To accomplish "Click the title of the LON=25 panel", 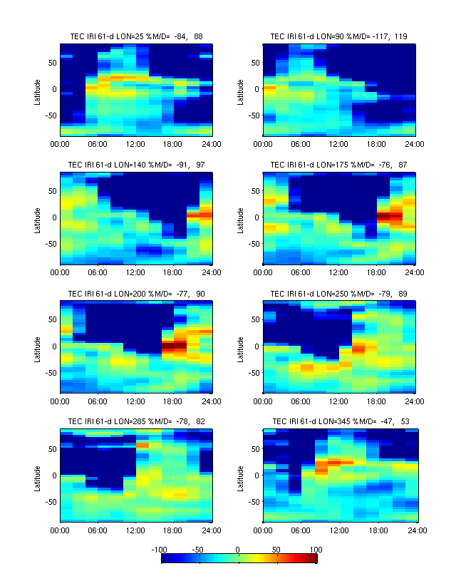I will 136,36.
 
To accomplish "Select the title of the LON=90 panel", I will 339,36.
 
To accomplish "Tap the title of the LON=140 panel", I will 136,164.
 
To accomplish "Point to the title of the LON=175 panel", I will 339,164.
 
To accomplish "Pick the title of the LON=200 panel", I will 136,293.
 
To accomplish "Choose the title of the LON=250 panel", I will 339,293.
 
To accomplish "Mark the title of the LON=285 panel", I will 136,421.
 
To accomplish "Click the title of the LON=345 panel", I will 339,421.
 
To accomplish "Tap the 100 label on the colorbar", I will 316,550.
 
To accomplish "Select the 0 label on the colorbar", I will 239,550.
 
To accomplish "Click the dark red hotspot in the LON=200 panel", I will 174,346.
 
